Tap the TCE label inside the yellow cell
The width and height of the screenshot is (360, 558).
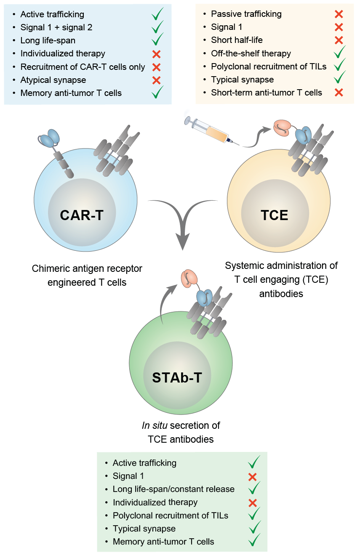pos(274,215)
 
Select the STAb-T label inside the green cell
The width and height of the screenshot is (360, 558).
pos(177,377)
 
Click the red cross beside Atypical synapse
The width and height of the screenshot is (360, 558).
pos(157,80)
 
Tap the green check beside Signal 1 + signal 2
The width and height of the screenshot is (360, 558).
pos(157,27)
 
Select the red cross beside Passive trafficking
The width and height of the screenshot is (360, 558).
pos(339,14)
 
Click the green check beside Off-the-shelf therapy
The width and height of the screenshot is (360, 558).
pos(339,53)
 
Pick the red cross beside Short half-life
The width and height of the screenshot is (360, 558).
pos(339,40)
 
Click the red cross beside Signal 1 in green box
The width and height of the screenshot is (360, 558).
pos(253,477)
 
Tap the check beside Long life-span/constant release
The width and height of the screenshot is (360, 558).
pos(254,489)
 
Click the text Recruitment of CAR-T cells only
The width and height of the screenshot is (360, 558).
pos(83,67)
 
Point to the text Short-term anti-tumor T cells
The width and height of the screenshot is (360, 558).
pos(267,93)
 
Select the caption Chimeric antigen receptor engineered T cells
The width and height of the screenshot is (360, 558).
pos(87,275)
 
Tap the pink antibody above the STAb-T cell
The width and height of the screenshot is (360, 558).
pos(187,279)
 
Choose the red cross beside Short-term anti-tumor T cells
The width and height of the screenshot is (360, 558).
pos(339,93)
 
